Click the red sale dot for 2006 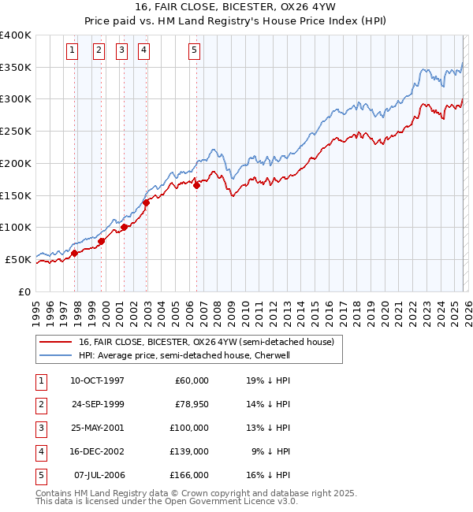tap(196, 185)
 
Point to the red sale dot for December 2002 tap(147, 202)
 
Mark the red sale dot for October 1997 tap(75, 253)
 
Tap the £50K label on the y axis tap(19, 259)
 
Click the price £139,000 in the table tap(189, 451)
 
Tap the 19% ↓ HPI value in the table tap(267, 380)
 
